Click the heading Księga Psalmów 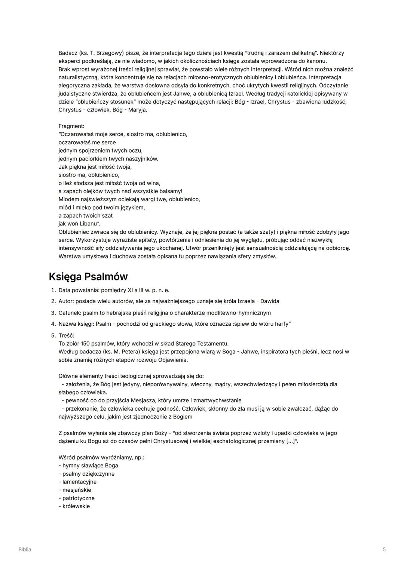pyautogui.click(x=88, y=277)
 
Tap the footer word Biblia pyautogui.click(x=25, y=549)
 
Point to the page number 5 pyautogui.click(x=384, y=549)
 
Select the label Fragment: pyautogui.click(x=71, y=126)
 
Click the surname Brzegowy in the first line pyautogui.click(x=110, y=53)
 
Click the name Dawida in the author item pyautogui.click(x=270, y=301)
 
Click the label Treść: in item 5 pyautogui.click(x=67, y=335)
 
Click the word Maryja pyautogui.click(x=138, y=110)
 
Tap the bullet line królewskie pyautogui.click(x=76, y=506)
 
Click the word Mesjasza pyautogui.click(x=143, y=400)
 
